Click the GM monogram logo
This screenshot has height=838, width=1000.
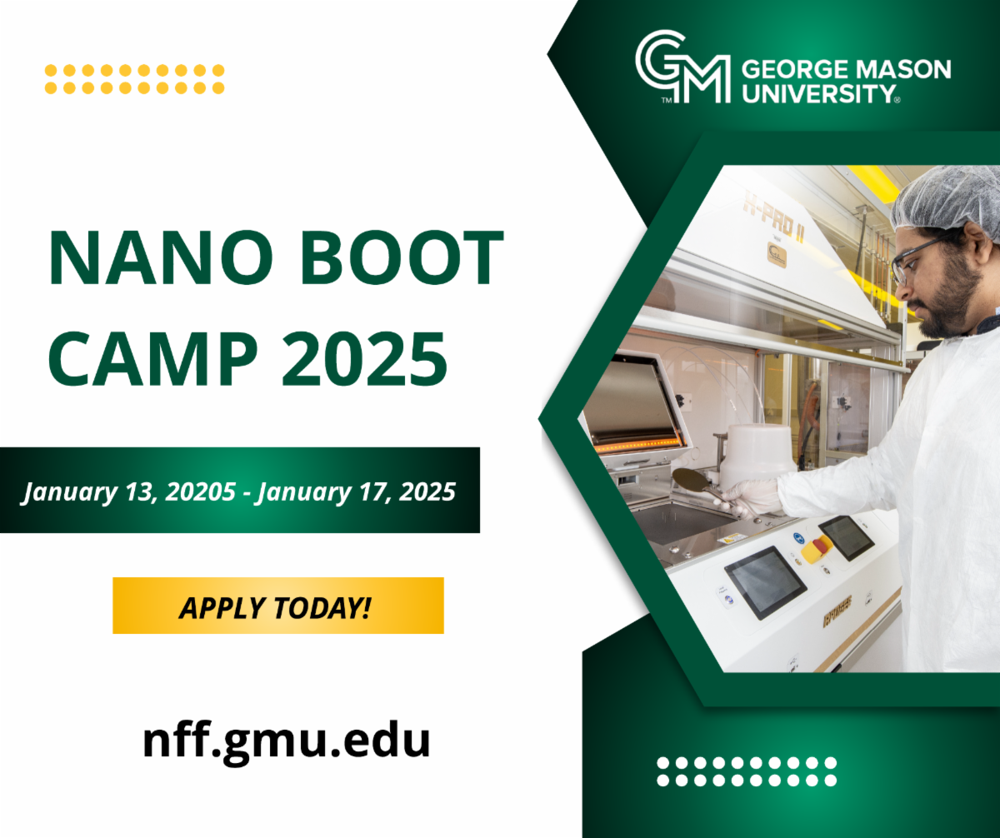pos(682,66)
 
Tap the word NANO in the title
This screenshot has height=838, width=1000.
pos(161,257)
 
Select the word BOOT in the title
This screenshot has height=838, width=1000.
pos(402,257)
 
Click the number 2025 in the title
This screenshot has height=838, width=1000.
pos(364,358)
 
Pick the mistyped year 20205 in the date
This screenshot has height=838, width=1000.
pos(200,491)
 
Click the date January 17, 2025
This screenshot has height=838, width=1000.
pos(355,492)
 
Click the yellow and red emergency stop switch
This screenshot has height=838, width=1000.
pos(816,549)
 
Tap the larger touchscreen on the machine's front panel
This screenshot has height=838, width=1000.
pos(765,582)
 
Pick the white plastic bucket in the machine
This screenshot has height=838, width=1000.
pos(758,451)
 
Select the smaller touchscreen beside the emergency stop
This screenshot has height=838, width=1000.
pos(847,537)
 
